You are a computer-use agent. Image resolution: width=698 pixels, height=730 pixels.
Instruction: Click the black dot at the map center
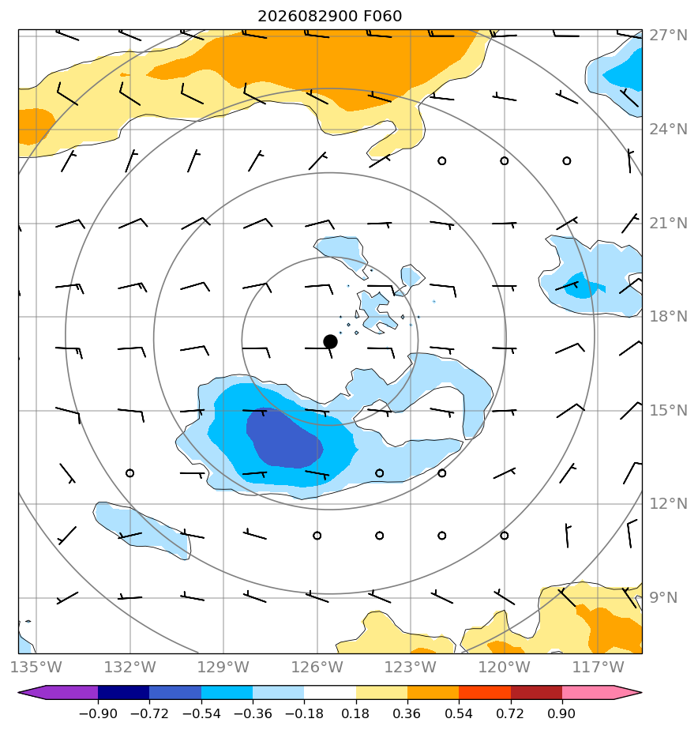[330, 341]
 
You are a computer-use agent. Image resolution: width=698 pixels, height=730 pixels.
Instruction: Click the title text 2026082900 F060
[329, 17]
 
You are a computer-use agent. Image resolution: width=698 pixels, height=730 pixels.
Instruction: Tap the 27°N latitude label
[668, 36]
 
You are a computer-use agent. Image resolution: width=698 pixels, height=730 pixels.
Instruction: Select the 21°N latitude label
[668, 224]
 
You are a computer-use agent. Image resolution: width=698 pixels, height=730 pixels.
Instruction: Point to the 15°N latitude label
[668, 411]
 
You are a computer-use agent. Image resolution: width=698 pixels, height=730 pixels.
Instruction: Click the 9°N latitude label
[663, 598]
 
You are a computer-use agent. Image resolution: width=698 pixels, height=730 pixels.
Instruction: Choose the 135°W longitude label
[36, 667]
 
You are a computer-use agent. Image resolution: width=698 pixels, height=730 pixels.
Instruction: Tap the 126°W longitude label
[317, 667]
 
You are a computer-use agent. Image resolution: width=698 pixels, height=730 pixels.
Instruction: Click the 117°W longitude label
[598, 667]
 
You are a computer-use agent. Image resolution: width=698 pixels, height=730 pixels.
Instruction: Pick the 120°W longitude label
[505, 667]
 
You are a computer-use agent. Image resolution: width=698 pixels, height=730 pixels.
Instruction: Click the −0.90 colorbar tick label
[98, 713]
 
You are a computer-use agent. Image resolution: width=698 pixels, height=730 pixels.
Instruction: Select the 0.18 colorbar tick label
[355, 713]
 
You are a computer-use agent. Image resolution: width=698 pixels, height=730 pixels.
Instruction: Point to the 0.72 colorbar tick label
[510, 713]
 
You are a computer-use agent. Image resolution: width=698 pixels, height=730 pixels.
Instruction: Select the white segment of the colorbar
[330, 692]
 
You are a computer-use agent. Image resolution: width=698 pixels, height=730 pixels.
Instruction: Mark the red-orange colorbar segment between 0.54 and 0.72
[484, 692]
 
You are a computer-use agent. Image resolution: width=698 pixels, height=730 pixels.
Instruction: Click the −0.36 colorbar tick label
[253, 713]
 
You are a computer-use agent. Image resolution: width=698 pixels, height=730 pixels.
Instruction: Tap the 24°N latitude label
[668, 130]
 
